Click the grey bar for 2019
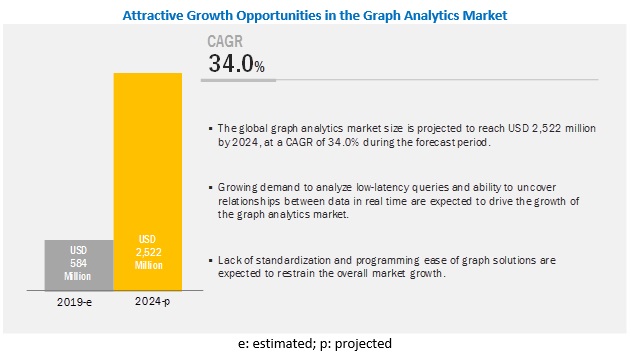79,265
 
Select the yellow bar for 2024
148,182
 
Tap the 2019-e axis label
74,302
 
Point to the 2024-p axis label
153,301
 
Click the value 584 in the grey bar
78,263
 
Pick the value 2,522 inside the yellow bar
148,252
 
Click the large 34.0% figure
236,64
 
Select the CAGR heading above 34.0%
225,41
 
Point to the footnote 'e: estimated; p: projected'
315,344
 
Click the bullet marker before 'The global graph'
210,129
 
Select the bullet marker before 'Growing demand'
210,188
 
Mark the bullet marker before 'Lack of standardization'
210,261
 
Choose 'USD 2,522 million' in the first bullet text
552,128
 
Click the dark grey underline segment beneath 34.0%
238,80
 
